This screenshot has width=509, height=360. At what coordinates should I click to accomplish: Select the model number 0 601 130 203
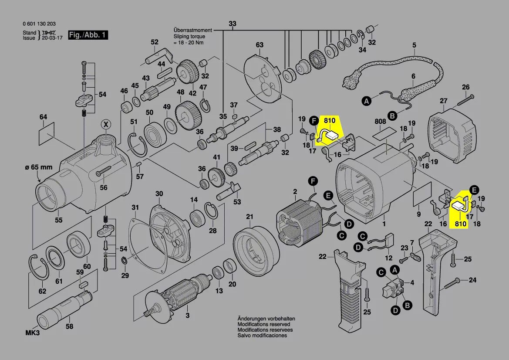(39, 24)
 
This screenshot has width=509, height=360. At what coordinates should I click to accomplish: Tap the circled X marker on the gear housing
(105, 124)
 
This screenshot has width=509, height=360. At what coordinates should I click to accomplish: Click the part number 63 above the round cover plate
(260, 45)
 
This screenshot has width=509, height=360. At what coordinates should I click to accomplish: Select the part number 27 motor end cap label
(443, 101)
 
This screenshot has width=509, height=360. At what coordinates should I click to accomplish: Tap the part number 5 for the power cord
(414, 45)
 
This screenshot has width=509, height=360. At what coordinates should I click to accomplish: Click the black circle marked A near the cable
(367, 101)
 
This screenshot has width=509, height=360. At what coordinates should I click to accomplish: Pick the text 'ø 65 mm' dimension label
(39, 167)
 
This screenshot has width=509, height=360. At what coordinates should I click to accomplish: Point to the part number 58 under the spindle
(69, 326)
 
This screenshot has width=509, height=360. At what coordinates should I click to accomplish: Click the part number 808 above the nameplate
(380, 121)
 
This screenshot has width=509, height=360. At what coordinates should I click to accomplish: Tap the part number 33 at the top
(233, 23)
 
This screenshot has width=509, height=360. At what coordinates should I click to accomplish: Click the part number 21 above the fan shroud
(249, 217)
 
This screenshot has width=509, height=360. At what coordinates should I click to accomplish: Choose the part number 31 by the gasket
(135, 207)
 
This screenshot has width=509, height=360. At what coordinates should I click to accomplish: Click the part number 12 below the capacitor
(388, 258)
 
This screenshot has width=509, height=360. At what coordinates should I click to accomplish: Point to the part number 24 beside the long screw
(472, 280)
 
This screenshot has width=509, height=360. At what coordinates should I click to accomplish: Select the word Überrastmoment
(192, 31)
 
